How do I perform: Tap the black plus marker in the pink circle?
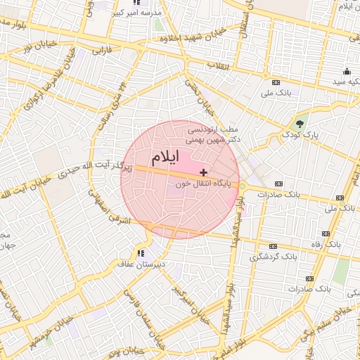pos(204,172)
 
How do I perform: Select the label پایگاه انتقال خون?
pos(198,184)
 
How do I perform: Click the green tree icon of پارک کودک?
pos(300,124)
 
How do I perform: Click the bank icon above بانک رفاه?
pos(326,233)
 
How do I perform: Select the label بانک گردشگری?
pos(273,257)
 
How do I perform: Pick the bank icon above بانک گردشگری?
pos(274,247)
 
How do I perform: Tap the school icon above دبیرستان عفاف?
pos(141,253)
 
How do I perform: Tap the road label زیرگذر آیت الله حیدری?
pos(91,167)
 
